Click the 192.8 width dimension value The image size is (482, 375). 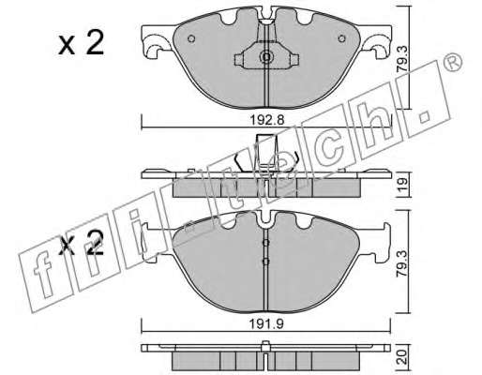point(267,119)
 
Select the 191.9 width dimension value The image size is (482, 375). point(266,324)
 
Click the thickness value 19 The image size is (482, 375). point(402,186)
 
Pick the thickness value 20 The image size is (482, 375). point(402,357)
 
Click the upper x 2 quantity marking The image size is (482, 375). point(81,43)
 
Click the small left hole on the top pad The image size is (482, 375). point(191,38)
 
